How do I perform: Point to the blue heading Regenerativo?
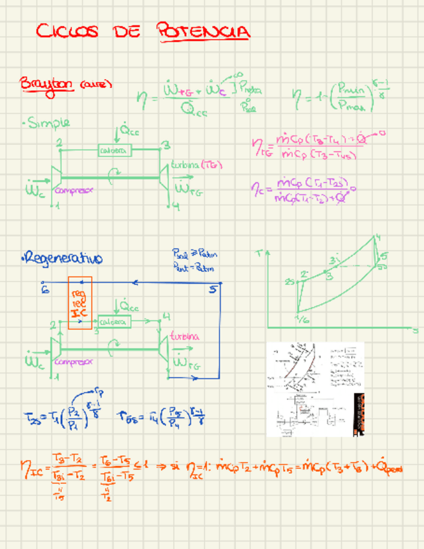click(63, 259)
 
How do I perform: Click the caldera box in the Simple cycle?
click(114, 150)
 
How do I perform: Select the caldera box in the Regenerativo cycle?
click(114, 322)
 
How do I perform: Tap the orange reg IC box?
click(80, 303)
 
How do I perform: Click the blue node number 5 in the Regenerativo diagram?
click(213, 289)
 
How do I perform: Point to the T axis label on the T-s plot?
click(259, 253)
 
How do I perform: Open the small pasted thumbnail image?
click(315, 389)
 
